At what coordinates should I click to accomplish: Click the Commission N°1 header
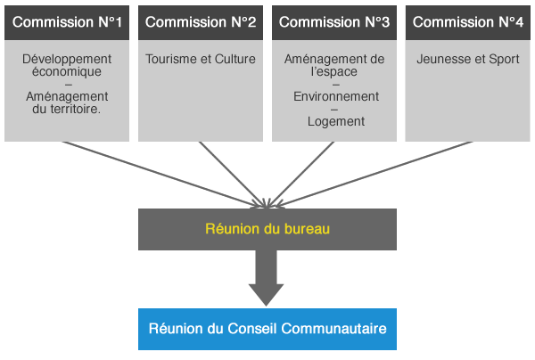pyautogui.click(x=67, y=22)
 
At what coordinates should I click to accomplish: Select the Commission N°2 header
pyautogui.click(x=201, y=22)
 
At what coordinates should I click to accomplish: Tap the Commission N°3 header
pyautogui.click(x=334, y=22)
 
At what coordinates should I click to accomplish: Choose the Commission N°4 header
pyautogui.click(x=468, y=22)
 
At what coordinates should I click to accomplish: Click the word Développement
pyautogui.click(x=67, y=59)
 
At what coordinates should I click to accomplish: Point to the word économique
pyautogui.click(x=67, y=71)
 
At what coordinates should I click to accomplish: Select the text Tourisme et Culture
pyautogui.click(x=201, y=59)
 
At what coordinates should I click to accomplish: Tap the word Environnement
pyautogui.click(x=335, y=96)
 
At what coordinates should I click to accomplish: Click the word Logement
pyautogui.click(x=335, y=121)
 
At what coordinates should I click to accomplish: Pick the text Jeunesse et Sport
pyautogui.click(x=468, y=59)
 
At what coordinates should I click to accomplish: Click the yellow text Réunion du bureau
pyautogui.click(x=267, y=229)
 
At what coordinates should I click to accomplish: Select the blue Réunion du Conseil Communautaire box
pyautogui.click(x=267, y=329)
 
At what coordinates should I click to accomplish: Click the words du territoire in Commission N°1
pyautogui.click(x=67, y=109)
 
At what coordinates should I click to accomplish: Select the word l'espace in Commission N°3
pyautogui.click(x=334, y=71)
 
